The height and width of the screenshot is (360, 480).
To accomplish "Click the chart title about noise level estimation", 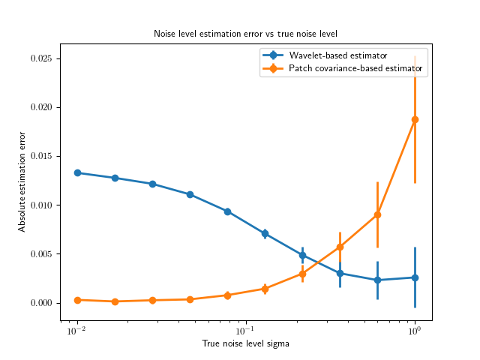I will point(245,34).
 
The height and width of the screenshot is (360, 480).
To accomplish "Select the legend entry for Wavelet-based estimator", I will point(337,55).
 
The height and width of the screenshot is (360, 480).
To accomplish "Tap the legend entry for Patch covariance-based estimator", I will point(355,69).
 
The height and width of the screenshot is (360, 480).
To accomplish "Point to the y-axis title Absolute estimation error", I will point(22,181).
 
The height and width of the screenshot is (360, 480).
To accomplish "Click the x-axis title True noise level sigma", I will point(245,343).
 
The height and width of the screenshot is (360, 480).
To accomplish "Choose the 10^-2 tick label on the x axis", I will point(76,331).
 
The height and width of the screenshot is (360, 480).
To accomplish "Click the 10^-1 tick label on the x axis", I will point(245,331).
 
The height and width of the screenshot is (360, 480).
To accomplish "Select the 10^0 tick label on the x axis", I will point(414,331).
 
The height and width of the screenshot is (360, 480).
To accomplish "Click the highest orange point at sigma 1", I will point(415,119).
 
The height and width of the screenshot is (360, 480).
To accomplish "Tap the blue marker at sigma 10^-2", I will point(77,172).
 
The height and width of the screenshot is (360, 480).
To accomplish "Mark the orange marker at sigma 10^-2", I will point(77,300).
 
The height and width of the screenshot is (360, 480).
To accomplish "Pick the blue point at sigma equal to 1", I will point(415,277).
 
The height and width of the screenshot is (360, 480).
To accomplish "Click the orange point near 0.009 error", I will point(377,214).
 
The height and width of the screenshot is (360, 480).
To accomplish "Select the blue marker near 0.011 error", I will point(190,194).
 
